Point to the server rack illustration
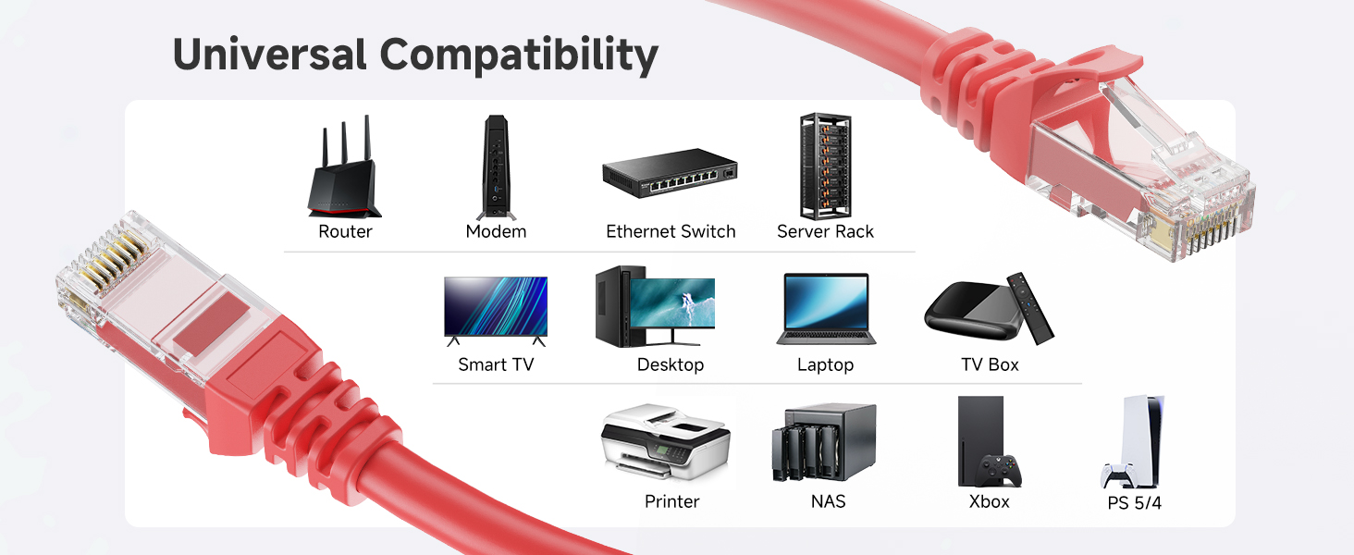(825, 166)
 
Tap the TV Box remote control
(1029, 307)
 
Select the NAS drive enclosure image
(823, 442)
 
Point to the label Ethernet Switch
(671, 231)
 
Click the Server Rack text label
(825, 231)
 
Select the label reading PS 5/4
(1134, 504)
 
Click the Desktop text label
(671, 364)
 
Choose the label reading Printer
(671, 501)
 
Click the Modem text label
(496, 231)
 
